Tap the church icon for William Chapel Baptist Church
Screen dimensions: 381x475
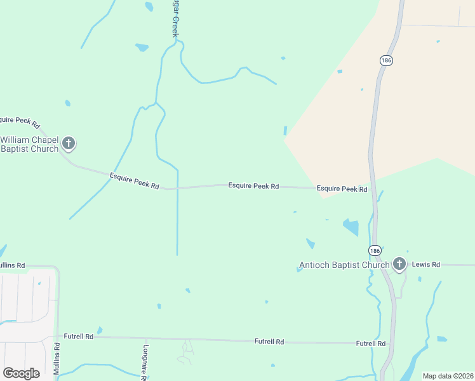coord(69,144)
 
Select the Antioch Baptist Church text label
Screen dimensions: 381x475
coord(344,265)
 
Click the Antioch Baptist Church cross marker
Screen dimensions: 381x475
coord(399,264)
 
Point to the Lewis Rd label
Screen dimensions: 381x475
coord(426,264)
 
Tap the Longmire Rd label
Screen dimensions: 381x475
coord(145,363)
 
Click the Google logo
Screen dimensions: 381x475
coord(21,373)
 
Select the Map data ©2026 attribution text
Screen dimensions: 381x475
coord(448,376)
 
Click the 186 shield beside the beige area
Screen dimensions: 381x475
coord(387,60)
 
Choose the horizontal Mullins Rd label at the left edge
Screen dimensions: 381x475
coord(12,265)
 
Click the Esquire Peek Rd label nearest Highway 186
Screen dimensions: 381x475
coord(342,189)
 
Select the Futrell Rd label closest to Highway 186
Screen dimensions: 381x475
coord(371,344)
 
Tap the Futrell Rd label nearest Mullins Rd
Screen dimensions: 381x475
coord(79,336)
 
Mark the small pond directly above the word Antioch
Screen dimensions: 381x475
coord(311,243)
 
